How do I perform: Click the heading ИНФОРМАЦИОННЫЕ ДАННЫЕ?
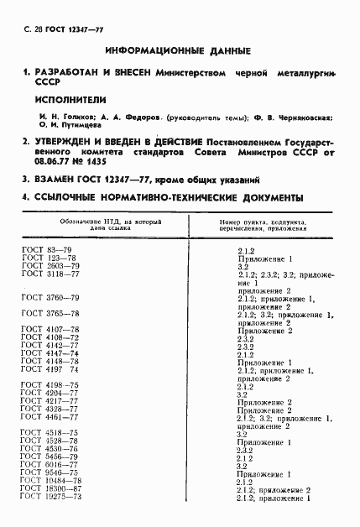click(181, 50)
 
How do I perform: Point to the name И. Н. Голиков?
click(49, 117)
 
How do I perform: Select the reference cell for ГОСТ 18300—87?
click(274, 489)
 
